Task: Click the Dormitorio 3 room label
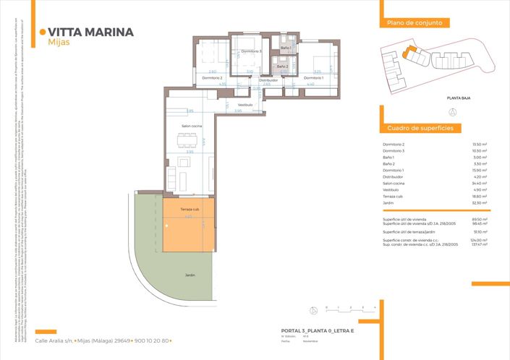tap(251, 51)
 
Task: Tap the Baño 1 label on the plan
tap(285, 48)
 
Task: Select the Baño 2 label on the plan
tap(282, 67)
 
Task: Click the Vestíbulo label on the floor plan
tap(245, 104)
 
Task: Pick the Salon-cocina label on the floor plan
tap(192, 127)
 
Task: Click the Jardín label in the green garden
tap(190, 275)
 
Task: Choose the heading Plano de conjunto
tap(410, 23)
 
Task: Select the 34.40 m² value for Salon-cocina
tap(480, 184)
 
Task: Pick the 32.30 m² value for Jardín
tap(480, 203)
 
